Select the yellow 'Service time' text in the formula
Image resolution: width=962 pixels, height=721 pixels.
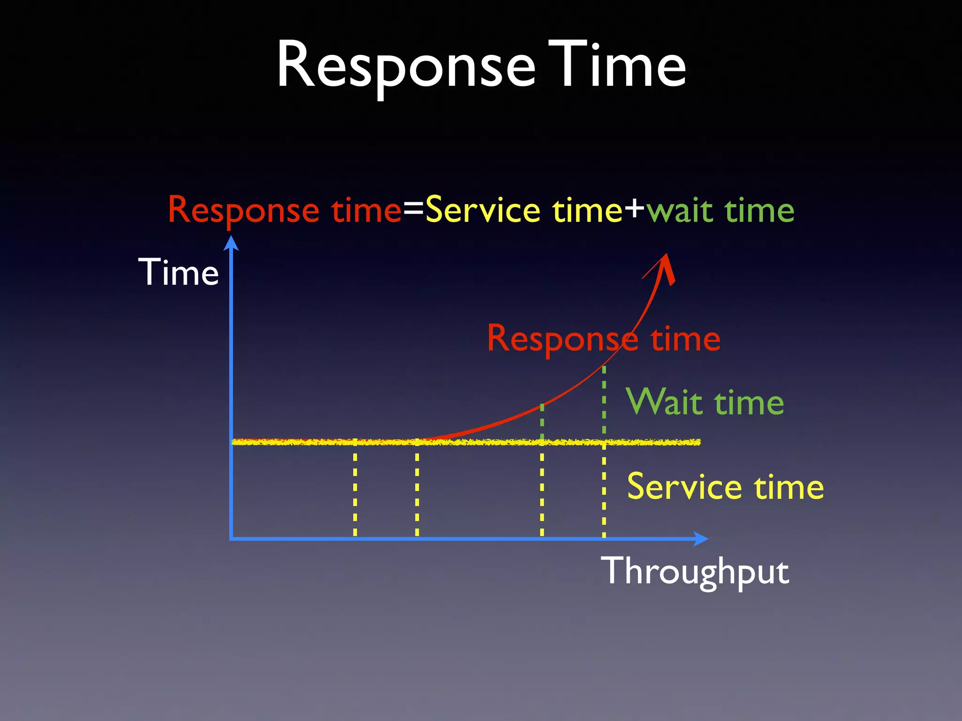[x=524, y=210]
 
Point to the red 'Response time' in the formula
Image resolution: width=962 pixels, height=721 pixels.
[x=285, y=210]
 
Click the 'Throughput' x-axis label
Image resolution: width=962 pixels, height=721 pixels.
[x=695, y=572]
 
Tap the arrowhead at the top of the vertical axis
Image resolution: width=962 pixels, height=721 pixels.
[x=231, y=243]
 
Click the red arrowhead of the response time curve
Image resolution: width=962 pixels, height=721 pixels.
[x=667, y=268]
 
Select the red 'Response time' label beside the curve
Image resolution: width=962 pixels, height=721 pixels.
[x=603, y=339]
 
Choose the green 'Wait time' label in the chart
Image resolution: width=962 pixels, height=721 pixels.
[x=705, y=403]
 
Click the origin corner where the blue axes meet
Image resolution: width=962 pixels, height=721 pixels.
[x=232, y=539]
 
